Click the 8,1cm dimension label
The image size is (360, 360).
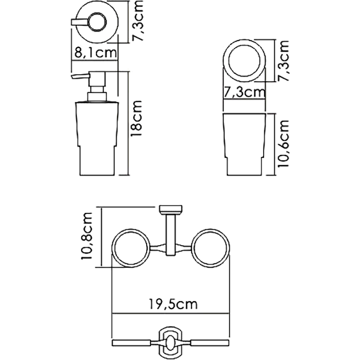click(94, 52)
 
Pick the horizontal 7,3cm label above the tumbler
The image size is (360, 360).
click(244, 93)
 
